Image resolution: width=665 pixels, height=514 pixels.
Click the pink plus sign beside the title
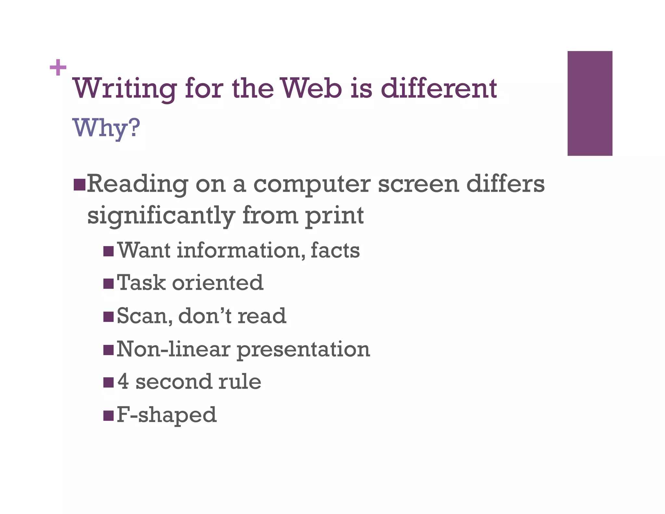click(x=58, y=68)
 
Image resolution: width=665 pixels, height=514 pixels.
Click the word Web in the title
click(x=311, y=88)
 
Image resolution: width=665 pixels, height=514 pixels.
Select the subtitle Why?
click(x=107, y=128)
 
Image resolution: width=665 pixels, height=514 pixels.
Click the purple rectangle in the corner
click(x=590, y=103)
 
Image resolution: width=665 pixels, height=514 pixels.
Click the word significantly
click(x=161, y=216)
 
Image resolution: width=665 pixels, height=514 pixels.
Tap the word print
click(x=334, y=216)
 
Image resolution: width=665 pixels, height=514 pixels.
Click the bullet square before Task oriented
click(x=108, y=283)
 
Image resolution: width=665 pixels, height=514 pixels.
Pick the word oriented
click(x=218, y=283)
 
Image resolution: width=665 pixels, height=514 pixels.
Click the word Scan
click(x=144, y=316)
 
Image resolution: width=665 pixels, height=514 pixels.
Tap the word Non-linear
click(x=173, y=349)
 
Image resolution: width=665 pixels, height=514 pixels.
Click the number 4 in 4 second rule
click(x=123, y=381)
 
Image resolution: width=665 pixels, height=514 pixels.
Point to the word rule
click(x=240, y=381)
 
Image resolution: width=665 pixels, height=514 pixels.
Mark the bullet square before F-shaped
click(x=108, y=416)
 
